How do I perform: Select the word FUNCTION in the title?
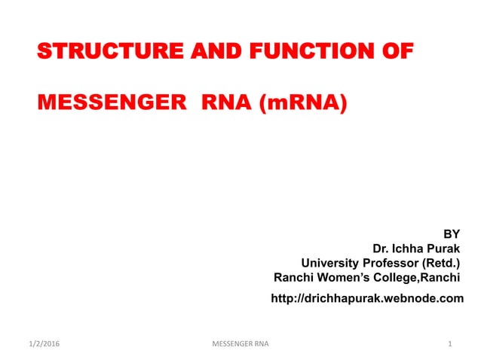(x=302, y=52)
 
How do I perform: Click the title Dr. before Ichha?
(x=381, y=248)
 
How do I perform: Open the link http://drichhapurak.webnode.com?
(x=367, y=299)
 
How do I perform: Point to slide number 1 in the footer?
(x=449, y=344)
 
